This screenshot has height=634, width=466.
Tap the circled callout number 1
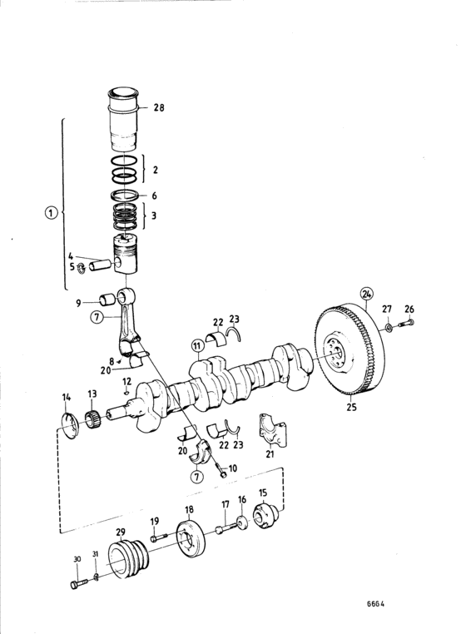tap(51, 213)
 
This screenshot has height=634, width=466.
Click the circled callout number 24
tap(367, 294)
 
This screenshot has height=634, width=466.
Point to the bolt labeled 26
tap(407, 323)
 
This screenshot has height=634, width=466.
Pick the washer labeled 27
tap(389, 327)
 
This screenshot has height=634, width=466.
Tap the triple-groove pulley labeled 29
tap(129, 559)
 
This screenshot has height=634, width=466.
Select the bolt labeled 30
tap(79, 584)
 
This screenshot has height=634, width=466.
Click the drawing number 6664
tap(375, 604)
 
